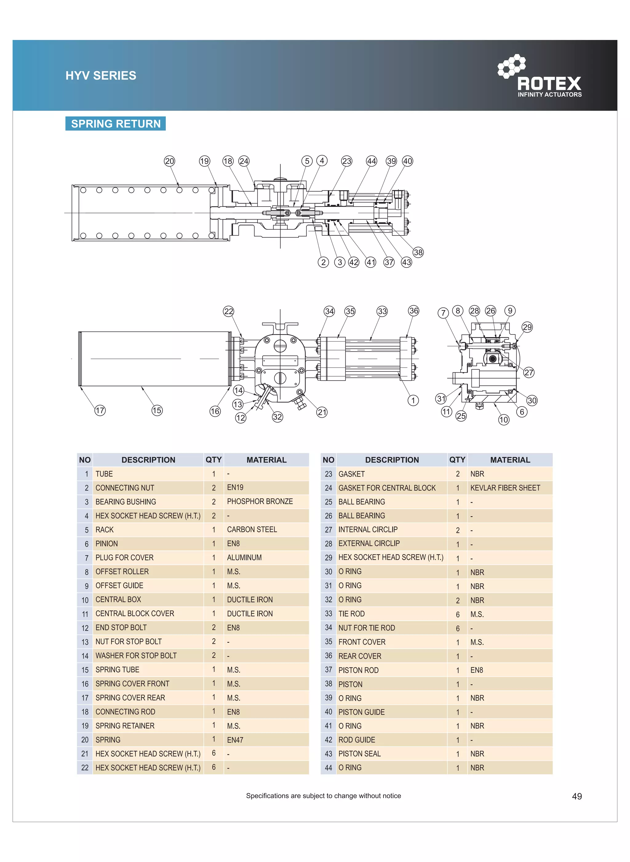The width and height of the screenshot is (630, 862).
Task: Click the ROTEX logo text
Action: click(549, 83)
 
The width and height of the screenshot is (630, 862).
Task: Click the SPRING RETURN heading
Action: click(116, 124)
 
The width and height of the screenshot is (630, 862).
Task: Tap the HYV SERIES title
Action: click(101, 75)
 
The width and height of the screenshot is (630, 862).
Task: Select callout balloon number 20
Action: click(169, 161)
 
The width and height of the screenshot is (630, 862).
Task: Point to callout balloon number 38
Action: click(418, 252)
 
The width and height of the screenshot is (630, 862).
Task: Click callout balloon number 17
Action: click(100, 410)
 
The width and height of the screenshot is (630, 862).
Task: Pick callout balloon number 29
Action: click(527, 327)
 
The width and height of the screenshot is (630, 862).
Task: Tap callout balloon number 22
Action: click(229, 311)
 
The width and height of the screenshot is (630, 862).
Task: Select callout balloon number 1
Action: click(413, 401)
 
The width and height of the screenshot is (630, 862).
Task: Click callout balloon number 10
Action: click(504, 420)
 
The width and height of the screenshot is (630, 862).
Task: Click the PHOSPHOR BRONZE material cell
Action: click(260, 501)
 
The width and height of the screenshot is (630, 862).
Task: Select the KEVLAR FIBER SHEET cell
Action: click(505, 488)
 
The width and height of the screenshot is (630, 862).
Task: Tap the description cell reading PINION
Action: click(107, 544)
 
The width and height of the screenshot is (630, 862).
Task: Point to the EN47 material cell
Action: click(235, 740)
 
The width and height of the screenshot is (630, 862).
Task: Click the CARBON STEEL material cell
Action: click(252, 530)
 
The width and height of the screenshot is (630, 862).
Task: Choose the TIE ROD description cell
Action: click(352, 614)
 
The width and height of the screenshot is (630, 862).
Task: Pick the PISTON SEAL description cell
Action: click(360, 754)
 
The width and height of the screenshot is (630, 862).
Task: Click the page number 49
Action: click(576, 797)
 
